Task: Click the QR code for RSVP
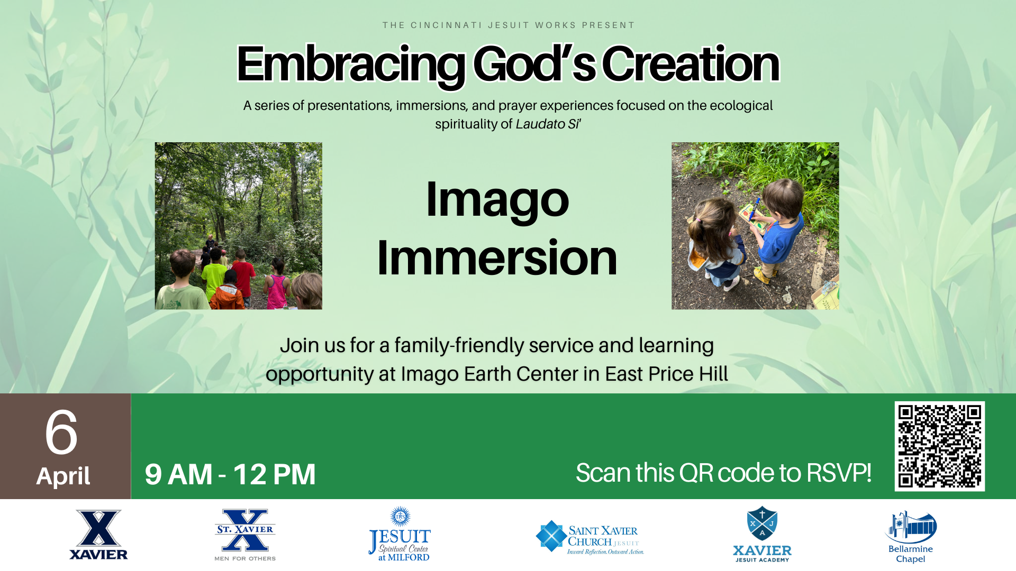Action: tap(939, 446)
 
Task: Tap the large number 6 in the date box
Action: tap(61, 432)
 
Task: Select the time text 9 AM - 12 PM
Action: tap(230, 474)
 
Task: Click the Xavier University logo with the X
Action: tap(98, 534)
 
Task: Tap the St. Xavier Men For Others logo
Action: tap(245, 535)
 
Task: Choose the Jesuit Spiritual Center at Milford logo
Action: tap(400, 534)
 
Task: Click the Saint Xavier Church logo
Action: tap(590, 537)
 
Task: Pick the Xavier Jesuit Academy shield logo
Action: tap(762, 534)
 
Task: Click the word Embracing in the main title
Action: tap(351, 65)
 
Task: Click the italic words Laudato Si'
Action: tap(548, 124)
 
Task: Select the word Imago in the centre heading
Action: tap(497, 200)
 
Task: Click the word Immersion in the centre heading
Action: tap(497, 257)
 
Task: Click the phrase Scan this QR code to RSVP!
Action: tap(723, 473)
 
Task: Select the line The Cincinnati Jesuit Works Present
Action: tap(508, 25)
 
